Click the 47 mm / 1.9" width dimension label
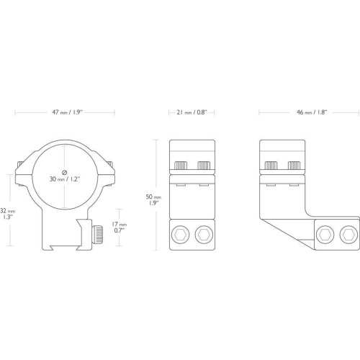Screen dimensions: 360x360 point(68,112)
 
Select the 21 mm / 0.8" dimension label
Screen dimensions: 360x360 point(192,112)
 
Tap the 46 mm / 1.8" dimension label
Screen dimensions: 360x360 point(312,112)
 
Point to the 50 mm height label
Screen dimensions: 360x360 point(153,200)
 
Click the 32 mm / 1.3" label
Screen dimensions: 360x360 point(7,214)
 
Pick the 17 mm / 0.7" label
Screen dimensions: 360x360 point(119,228)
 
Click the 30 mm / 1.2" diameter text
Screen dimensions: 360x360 point(65,179)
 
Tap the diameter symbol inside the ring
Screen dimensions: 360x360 point(64,172)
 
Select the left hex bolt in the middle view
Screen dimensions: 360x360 point(180,235)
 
